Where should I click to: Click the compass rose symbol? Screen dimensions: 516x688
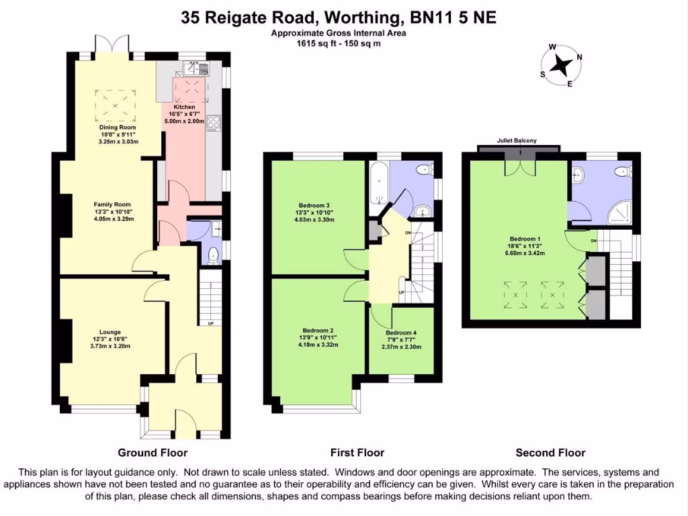562,65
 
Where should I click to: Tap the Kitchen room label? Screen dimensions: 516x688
184,107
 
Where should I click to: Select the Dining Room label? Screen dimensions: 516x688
118,127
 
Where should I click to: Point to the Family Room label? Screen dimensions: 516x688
112,204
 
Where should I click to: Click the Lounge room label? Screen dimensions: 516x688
110,332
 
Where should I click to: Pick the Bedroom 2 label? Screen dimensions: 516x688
318,331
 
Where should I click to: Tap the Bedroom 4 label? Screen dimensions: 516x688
401,333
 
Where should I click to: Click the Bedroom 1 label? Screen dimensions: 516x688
525,239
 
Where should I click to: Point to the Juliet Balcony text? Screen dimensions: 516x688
517,140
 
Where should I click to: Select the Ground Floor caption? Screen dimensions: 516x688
153,453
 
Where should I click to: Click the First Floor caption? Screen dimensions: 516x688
357,453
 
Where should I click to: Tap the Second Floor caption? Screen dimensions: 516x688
550,453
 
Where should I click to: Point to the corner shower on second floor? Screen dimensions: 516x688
617,214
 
